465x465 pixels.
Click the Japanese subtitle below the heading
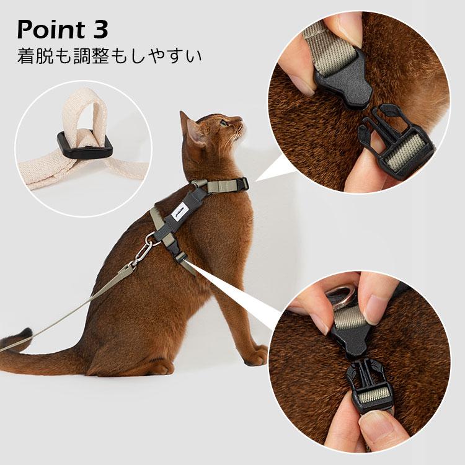110,58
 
